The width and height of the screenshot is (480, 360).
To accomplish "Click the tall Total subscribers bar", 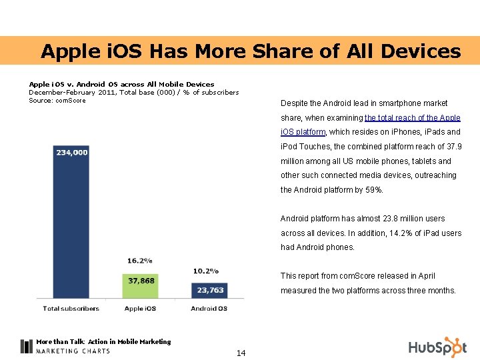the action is [x=71, y=221].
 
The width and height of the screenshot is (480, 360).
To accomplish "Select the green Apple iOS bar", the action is [x=140, y=286].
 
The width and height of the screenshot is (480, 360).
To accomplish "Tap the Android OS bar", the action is [x=209, y=291].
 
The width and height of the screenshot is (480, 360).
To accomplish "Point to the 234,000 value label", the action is [x=72, y=153].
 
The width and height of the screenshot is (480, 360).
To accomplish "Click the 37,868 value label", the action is [x=141, y=281].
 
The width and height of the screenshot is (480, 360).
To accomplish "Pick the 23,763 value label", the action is [x=210, y=290].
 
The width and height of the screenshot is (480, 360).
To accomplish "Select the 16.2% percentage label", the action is [x=140, y=261].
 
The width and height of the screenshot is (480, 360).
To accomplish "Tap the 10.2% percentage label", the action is [x=206, y=271].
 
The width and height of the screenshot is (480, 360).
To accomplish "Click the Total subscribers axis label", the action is [x=71, y=309].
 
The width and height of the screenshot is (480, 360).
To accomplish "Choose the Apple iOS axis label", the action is [x=140, y=309].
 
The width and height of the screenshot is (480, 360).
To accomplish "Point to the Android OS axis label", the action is [x=209, y=309].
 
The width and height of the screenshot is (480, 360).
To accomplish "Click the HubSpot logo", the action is [x=438, y=347].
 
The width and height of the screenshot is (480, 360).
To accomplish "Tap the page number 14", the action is [x=241, y=353].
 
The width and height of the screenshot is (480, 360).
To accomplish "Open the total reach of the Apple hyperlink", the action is [x=413, y=118].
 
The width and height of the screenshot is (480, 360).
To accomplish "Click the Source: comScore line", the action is [x=57, y=101].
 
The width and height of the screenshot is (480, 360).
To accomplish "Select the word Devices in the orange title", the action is [x=421, y=51].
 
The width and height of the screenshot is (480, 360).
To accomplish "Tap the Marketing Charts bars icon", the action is [x=26, y=347].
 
